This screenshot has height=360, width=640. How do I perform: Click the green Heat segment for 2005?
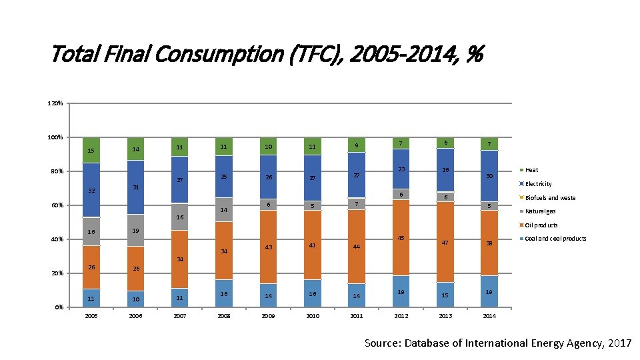(x=91, y=150)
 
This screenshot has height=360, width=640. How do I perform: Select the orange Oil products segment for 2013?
(x=445, y=242)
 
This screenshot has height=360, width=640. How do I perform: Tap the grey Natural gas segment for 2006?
(x=135, y=230)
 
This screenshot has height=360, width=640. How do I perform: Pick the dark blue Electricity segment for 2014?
(x=489, y=176)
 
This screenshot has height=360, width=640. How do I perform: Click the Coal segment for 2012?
(x=401, y=291)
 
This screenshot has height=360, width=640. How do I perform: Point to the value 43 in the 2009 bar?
(x=268, y=247)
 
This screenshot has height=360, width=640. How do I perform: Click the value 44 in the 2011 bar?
(x=356, y=247)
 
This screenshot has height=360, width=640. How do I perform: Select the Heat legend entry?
(x=529, y=170)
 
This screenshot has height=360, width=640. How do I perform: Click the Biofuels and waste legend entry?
(x=547, y=197)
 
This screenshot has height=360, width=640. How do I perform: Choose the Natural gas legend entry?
(x=537, y=211)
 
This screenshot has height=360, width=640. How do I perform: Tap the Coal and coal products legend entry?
(x=553, y=239)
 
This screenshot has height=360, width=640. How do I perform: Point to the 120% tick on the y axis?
(x=55, y=103)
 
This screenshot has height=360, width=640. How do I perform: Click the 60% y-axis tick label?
(x=57, y=205)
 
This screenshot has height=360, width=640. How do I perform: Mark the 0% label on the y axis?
(x=59, y=307)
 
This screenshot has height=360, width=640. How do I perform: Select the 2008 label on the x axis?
(x=224, y=316)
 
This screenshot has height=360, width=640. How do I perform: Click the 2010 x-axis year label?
(x=313, y=316)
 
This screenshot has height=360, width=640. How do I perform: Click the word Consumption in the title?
(x=219, y=54)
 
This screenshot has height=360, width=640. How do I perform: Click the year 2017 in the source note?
(x=619, y=343)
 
